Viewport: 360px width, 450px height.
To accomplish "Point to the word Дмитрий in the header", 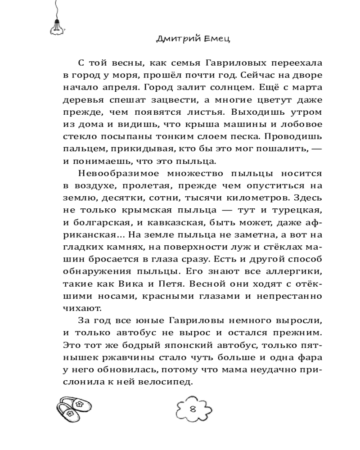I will (x=176, y=39).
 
